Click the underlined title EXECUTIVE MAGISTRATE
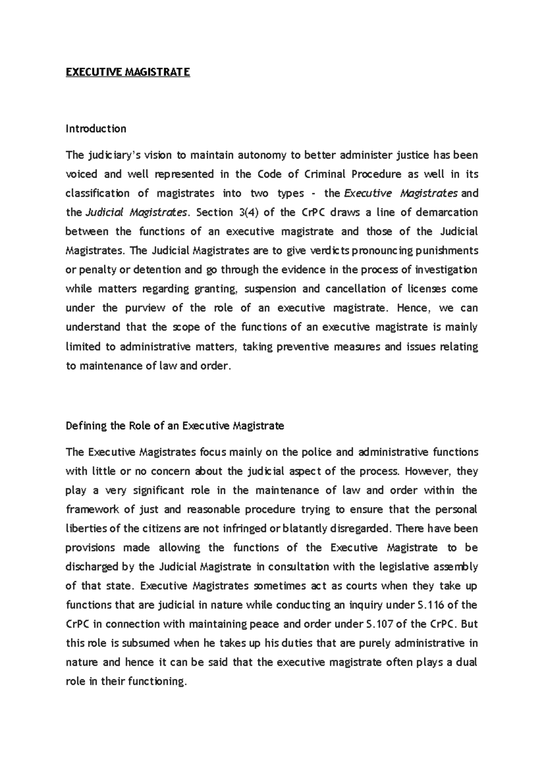pyautogui.click(x=128, y=72)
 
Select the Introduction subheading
pyautogui.click(x=96, y=129)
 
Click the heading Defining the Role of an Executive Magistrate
pyautogui.click(x=175, y=426)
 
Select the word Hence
pyautogui.click(x=412, y=308)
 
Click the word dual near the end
pyautogui.click(x=466, y=662)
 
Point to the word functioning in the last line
pyautogui.click(x=157, y=681)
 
